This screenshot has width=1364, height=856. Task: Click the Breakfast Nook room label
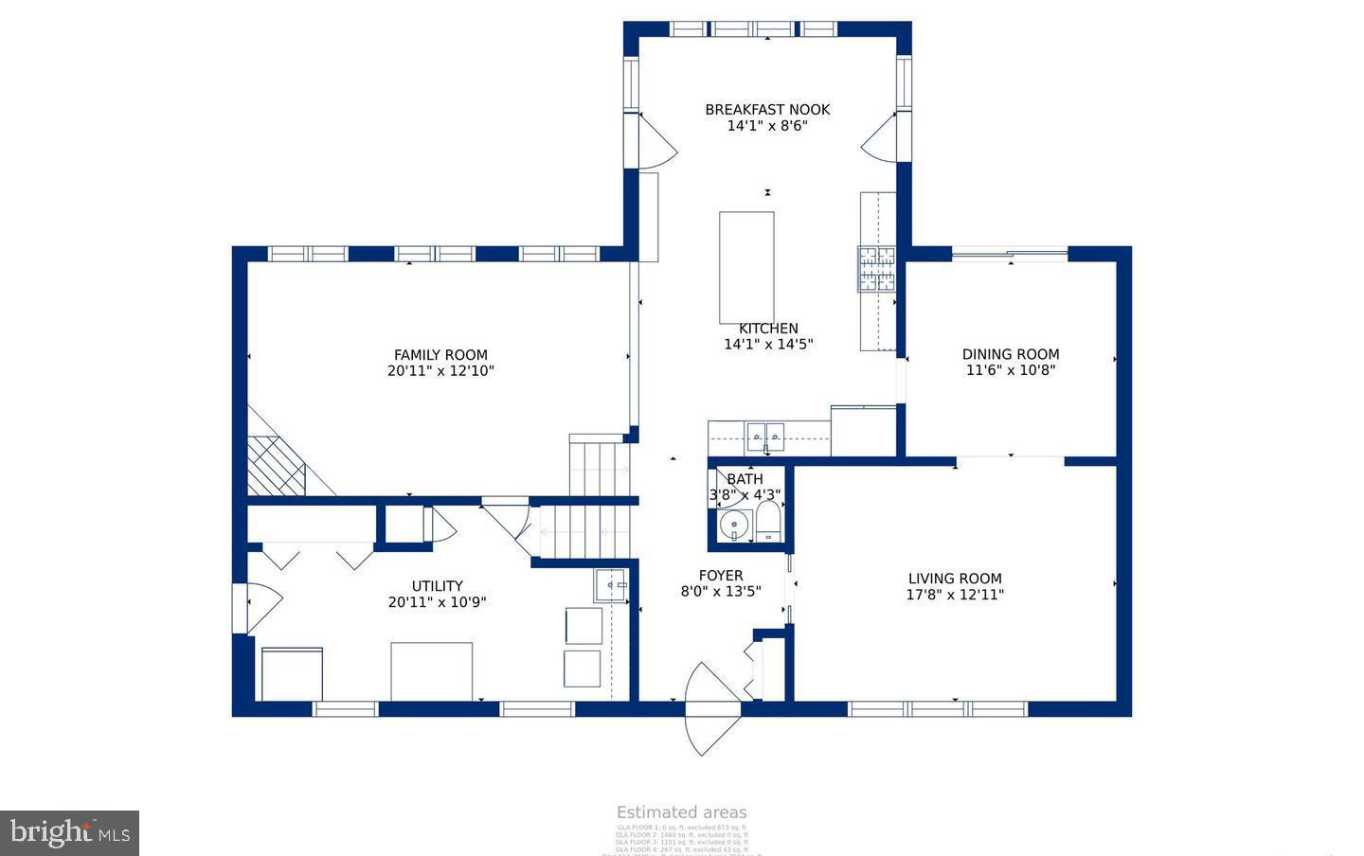767,109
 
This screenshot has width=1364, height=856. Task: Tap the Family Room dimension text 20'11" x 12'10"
440,371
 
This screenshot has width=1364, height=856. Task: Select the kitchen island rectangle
746,268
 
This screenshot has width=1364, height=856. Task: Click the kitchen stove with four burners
877,268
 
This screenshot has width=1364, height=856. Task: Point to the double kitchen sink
766,437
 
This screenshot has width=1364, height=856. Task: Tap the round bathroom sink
734,525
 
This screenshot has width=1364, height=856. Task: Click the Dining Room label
1011,354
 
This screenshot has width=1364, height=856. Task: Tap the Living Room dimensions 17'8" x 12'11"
955,595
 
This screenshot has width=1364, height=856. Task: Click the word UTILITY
437,586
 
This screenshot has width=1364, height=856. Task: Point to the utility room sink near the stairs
611,586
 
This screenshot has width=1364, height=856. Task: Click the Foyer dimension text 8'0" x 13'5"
721,591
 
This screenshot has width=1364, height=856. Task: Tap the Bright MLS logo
69,833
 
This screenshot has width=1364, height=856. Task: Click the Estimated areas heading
681,812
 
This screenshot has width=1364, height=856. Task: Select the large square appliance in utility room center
432,670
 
